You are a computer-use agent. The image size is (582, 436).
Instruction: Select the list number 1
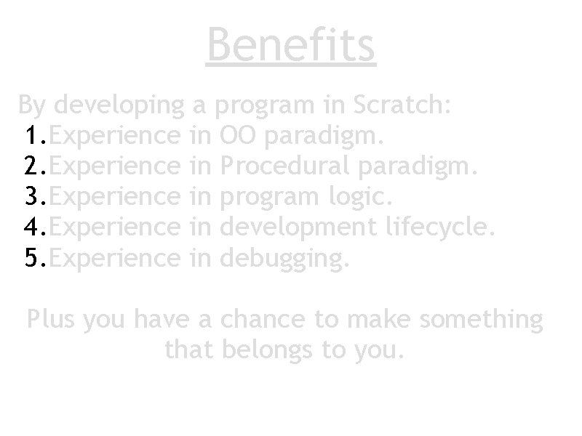[35, 136]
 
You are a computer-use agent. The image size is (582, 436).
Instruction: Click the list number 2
[35, 166]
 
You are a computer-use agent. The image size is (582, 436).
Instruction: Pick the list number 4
[35, 227]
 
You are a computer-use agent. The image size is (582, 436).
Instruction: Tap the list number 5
[35, 258]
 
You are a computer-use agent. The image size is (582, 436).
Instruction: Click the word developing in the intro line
[119, 107]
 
